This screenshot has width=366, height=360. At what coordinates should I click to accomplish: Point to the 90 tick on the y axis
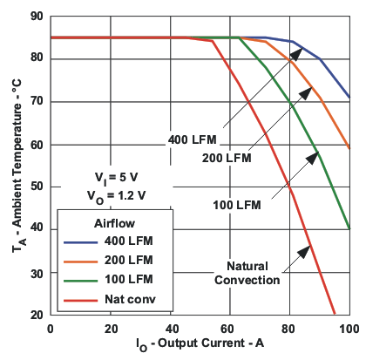click(x=36, y=16)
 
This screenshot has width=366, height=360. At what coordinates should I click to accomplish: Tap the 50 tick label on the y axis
click(x=36, y=187)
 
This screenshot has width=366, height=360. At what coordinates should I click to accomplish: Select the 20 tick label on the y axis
click(x=36, y=315)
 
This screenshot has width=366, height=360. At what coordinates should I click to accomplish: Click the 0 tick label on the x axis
click(x=51, y=329)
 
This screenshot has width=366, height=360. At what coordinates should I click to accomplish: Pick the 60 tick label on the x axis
click(x=229, y=329)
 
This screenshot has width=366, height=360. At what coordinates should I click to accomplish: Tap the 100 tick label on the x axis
click(x=349, y=329)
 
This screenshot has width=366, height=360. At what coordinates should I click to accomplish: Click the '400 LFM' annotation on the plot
click(x=192, y=140)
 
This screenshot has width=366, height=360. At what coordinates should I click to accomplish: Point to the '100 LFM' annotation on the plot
click(x=237, y=206)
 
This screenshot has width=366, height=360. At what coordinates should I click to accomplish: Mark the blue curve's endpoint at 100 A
click(x=349, y=97)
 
